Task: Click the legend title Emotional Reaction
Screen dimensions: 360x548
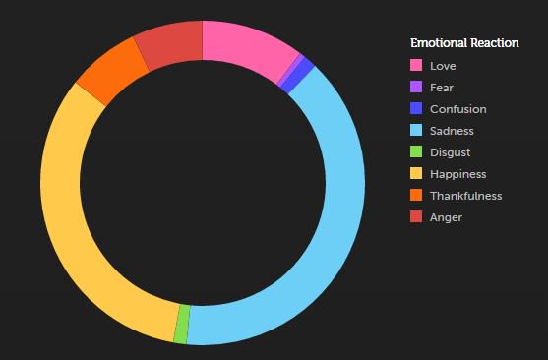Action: point(464,43)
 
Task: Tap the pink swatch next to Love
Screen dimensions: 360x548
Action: point(416,66)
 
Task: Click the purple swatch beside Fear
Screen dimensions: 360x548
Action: point(416,88)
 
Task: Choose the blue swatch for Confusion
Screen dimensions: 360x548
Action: point(416,109)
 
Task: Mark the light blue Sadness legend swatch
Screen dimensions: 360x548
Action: point(416,131)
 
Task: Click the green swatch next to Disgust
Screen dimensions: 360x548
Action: point(416,152)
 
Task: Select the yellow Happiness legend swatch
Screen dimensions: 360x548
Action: point(416,174)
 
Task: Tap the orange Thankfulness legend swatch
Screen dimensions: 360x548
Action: point(416,196)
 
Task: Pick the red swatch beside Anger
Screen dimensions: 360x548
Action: point(416,217)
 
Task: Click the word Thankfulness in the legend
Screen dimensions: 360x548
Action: point(465,196)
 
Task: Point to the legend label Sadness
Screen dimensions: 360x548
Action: point(452,131)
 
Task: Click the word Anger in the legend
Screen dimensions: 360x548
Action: point(446,217)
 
